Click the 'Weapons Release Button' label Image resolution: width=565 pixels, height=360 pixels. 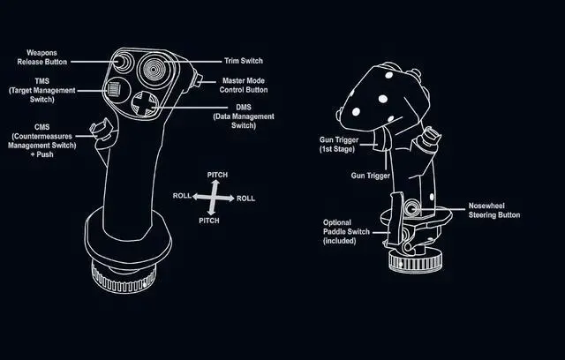tap(41, 57)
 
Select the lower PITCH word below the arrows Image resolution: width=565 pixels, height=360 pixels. tap(208, 220)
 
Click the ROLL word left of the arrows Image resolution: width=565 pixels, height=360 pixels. tap(182, 196)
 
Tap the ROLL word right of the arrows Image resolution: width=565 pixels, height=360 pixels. tap(245, 199)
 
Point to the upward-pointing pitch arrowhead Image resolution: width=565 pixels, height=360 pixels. tap(214, 184)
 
